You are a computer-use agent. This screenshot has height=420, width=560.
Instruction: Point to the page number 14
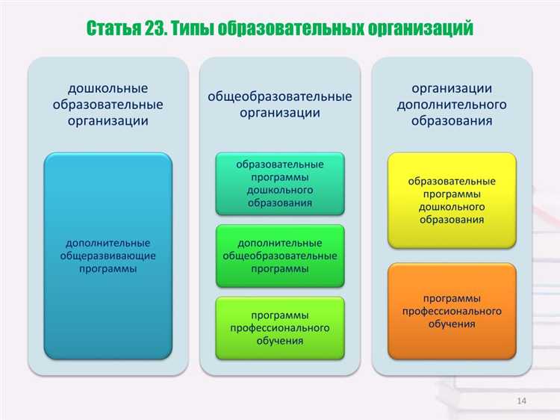click(521, 402)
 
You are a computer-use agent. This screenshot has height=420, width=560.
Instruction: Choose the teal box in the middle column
click(280, 183)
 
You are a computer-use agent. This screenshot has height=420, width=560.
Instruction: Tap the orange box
click(452, 311)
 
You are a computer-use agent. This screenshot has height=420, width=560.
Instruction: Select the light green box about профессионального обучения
click(280, 327)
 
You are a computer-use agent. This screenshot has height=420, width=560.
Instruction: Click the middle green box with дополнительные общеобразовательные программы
click(280, 256)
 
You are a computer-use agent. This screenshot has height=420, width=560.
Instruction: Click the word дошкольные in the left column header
click(108, 89)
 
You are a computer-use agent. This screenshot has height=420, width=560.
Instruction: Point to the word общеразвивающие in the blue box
click(108, 256)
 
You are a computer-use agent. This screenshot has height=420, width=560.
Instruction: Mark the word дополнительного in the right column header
click(452, 105)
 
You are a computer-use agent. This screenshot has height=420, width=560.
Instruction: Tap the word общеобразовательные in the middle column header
click(280, 97)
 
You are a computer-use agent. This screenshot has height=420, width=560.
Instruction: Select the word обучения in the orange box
click(452, 324)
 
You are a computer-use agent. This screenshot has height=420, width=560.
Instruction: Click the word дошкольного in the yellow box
click(452, 206)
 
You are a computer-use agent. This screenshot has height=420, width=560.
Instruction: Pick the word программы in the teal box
click(280, 177)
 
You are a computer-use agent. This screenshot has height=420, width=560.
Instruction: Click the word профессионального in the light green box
click(280, 327)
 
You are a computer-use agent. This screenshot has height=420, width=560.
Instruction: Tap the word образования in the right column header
click(452, 120)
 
